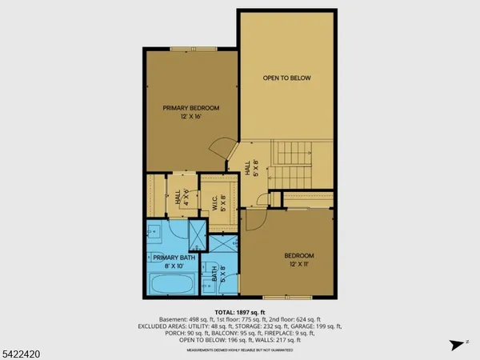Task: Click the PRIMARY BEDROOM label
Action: click(191, 108)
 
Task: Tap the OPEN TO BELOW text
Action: click(287, 78)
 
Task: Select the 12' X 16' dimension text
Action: click(191, 118)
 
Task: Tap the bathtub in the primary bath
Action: click(171, 285)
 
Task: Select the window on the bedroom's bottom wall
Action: click(287, 298)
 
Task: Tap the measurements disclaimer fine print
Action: click(239, 350)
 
